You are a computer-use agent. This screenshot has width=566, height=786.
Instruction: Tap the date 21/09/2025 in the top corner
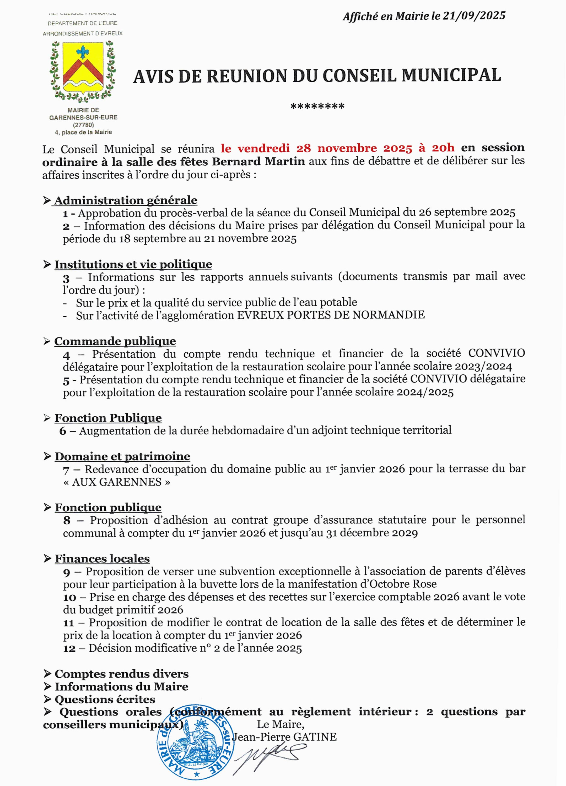tap(474, 16)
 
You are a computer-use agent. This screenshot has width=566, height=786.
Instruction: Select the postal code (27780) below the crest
tap(83, 125)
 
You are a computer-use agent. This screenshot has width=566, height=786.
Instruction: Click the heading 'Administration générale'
tap(126, 200)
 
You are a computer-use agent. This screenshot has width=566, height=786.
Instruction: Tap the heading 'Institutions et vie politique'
tap(133, 264)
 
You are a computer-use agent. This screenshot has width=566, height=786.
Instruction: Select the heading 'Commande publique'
tap(115, 341)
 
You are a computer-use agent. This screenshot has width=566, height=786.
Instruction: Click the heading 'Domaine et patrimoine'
tap(122, 456)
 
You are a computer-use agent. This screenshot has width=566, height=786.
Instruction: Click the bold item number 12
tap(69, 648)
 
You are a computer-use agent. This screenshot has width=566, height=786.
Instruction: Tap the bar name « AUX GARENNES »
tap(117, 482)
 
